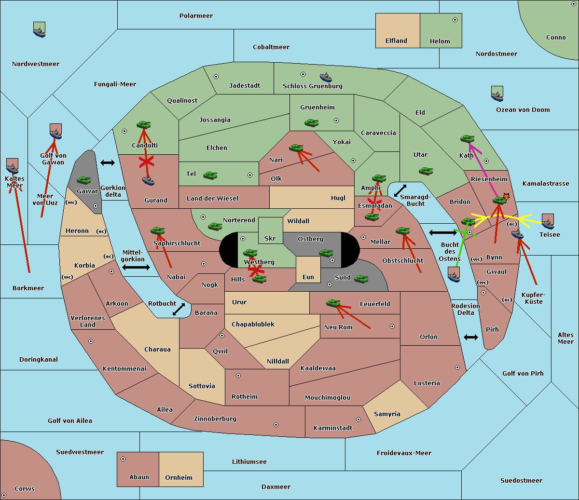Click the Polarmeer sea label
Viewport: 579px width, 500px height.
196,16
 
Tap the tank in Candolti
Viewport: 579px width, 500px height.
143,125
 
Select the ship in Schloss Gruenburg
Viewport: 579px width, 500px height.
326,77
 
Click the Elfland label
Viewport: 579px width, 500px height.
396,41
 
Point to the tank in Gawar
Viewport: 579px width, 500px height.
84,180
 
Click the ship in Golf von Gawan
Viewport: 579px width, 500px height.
55,132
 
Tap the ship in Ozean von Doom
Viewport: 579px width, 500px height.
497,94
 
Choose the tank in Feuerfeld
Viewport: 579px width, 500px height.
333,303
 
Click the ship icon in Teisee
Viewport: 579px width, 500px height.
548,221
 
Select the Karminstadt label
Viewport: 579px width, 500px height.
333,428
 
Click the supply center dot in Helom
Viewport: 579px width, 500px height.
455,20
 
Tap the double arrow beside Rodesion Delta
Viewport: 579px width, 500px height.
471,337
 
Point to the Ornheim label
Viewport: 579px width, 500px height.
179,478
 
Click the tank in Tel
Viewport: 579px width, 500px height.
210,176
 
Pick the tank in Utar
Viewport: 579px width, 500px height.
426,171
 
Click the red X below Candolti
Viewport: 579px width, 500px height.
146,162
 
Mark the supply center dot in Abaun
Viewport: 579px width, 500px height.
123,459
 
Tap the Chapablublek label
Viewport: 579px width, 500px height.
253,324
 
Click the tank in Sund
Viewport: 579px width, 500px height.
361,279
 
